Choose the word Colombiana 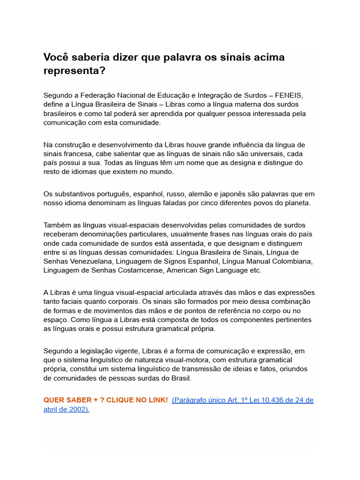click(x=290, y=261)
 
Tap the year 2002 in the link click(x=76, y=409)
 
